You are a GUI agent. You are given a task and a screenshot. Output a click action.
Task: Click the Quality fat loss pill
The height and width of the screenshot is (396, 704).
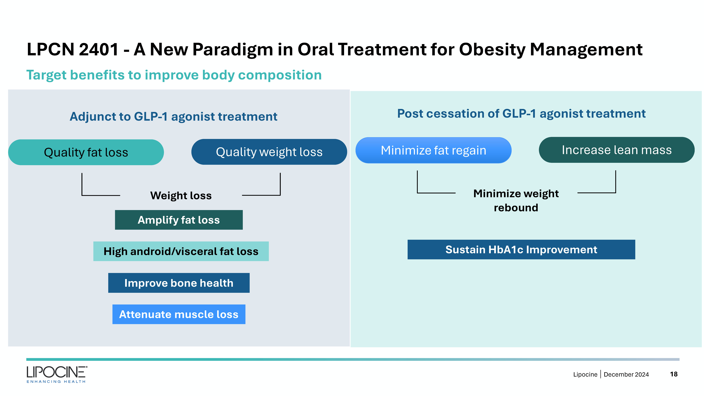[x=86, y=152]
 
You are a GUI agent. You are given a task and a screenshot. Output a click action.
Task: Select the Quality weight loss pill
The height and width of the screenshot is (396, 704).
[x=269, y=152]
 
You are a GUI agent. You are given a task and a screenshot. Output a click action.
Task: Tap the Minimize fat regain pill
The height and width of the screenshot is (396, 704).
[x=433, y=150]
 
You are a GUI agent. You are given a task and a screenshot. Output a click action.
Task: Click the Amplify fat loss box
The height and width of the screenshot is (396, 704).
[x=179, y=220]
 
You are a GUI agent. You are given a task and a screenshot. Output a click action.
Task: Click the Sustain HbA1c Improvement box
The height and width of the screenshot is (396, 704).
[x=521, y=249]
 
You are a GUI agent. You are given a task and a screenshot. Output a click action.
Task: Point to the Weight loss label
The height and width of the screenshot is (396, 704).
[x=181, y=196]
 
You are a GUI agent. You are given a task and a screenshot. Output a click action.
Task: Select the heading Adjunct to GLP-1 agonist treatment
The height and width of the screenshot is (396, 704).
[x=174, y=117]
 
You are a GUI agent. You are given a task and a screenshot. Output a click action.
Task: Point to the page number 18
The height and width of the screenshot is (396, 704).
[x=674, y=374]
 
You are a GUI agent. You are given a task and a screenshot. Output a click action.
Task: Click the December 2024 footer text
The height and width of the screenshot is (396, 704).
[x=626, y=374]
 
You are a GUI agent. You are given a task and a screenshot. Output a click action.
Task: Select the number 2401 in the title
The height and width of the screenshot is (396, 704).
[x=99, y=50]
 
